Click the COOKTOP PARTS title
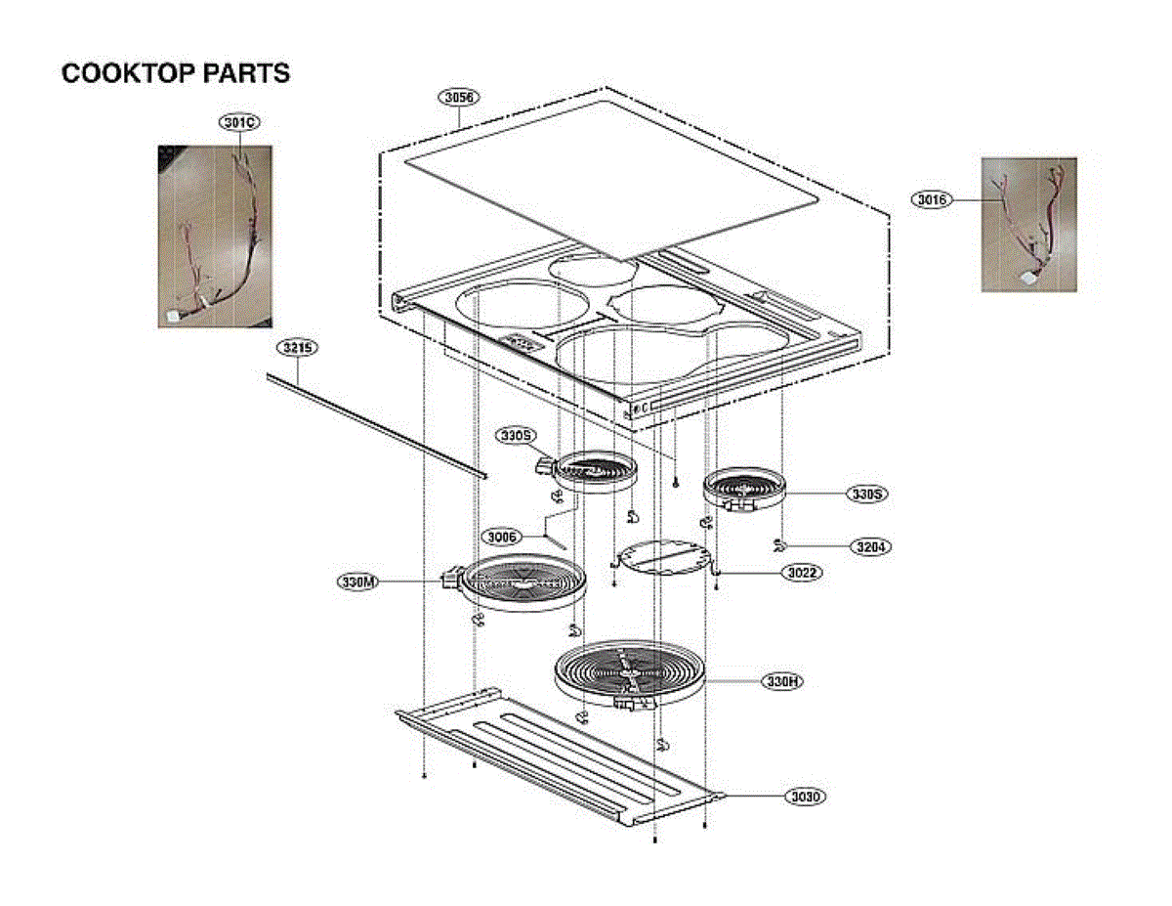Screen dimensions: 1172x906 point(176,73)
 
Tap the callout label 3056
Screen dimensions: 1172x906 point(457,98)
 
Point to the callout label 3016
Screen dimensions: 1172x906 point(933,200)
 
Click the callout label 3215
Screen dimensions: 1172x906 point(298,348)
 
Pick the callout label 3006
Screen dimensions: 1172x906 point(502,536)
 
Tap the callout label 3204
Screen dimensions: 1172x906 point(867,547)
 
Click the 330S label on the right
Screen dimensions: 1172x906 point(866,495)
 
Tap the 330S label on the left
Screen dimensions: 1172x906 point(514,434)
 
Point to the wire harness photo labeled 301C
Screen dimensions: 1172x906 point(215,237)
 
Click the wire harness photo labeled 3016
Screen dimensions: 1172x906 point(1028,225)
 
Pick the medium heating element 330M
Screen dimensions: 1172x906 point(523,584)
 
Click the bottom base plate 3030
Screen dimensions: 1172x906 point(557,753)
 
